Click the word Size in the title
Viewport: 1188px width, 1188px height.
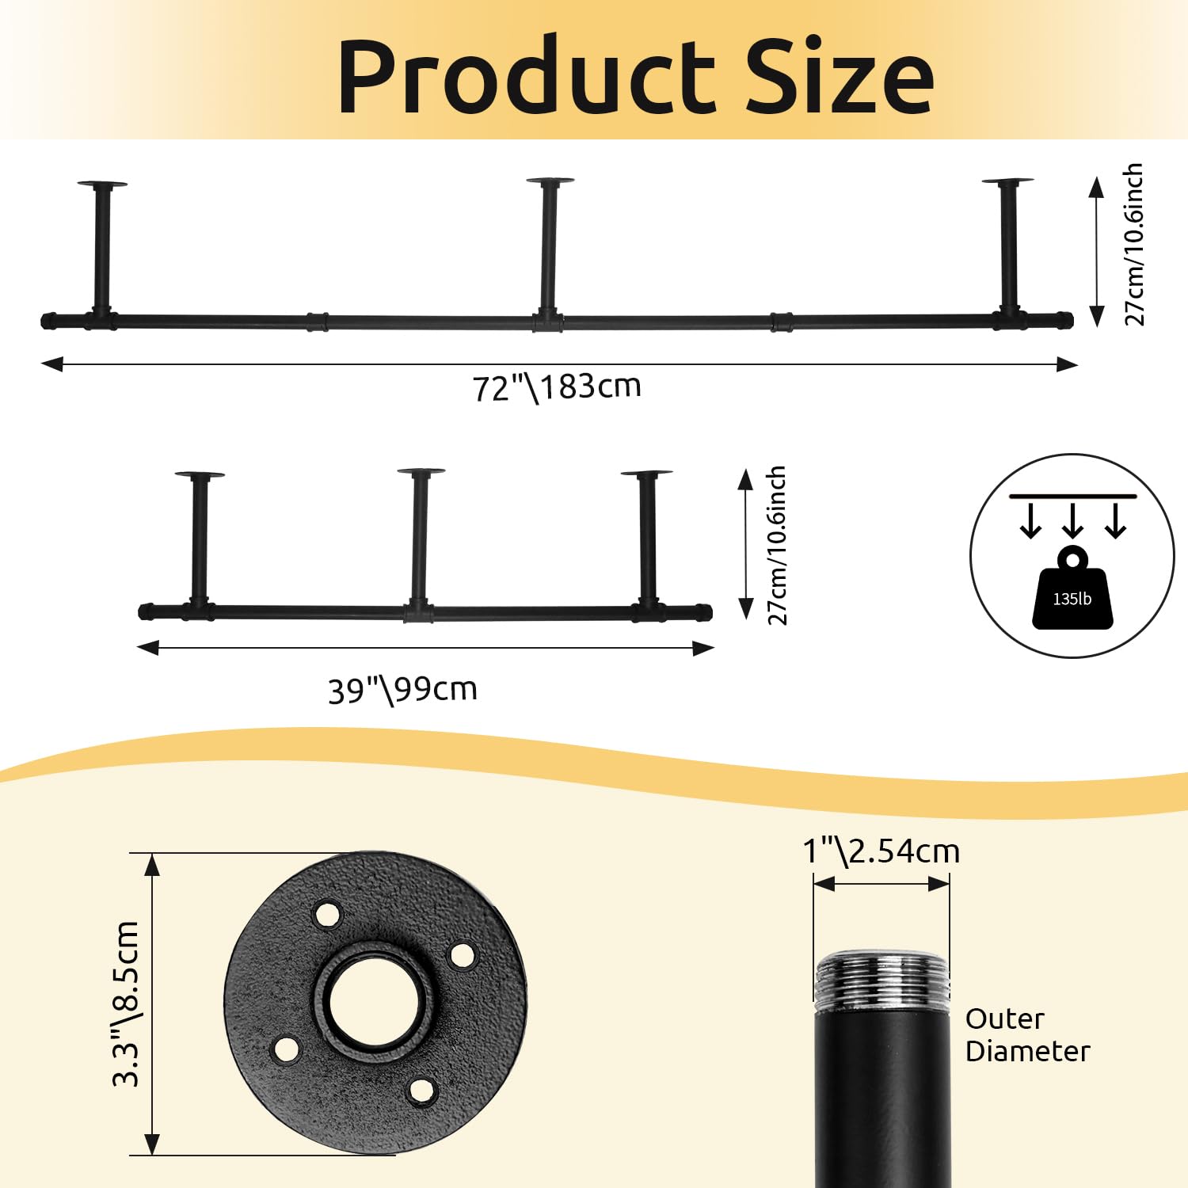tap(840, 77)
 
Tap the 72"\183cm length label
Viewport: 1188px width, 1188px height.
tap(557, 387)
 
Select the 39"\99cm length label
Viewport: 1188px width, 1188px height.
tap(402, 690)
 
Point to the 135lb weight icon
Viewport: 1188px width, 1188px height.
tap(1072, 590)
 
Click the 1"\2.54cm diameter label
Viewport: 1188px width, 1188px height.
tap(881, 851)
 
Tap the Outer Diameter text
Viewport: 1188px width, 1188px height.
tap(1027, 1035)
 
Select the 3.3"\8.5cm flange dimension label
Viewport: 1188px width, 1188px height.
tap(126, 1003)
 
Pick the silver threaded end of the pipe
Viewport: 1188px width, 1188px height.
tap(881, 980)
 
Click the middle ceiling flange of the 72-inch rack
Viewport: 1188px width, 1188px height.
tap(550, 182)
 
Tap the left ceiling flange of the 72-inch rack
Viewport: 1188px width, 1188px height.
tap(102, 185)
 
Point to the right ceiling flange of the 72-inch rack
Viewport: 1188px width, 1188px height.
tap(1007, 182)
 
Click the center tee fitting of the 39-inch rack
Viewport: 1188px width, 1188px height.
tap(418, 613)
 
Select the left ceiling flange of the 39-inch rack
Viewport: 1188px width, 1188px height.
tap(200, 475)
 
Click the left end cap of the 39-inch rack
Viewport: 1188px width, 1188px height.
tap(145, 611)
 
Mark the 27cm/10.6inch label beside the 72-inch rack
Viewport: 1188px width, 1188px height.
tap(1134, 244)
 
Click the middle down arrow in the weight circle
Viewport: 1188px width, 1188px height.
tap(1072, 520)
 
